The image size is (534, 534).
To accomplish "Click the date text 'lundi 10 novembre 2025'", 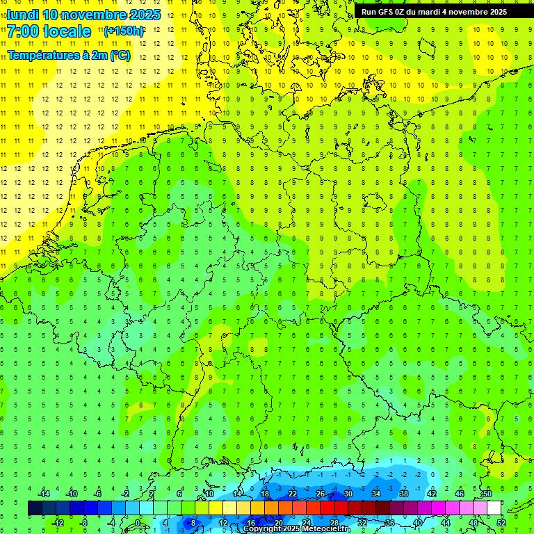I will tap(83, 15).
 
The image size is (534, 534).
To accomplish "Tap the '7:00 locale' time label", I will tap(49, 31).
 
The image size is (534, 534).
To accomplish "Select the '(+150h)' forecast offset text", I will tap(124, 31).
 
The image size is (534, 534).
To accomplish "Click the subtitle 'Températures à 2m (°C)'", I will tap(68, 56).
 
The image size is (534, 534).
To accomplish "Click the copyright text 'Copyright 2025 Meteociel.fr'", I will tap(296, 528).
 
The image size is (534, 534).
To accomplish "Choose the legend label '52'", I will tap(501, 523).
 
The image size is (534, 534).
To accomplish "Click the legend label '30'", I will tap(348, 493).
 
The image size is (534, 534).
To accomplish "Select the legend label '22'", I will tap(292, 493).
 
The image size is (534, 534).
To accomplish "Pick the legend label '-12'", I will tap(58, 523).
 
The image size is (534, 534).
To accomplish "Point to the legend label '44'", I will tap(446, 523).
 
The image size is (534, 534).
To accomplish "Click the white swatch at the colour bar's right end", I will tap(494, 508).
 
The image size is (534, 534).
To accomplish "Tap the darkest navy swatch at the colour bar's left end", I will tap(35, 508).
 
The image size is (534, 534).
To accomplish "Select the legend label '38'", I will tap(404, 493).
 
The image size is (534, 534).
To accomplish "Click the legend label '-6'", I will tap(97, 493).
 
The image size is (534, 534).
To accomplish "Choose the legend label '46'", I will tap(459, 493).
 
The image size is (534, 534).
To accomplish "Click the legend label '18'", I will tap(264, 493).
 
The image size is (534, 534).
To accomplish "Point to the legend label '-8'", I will tap(85, 523).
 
